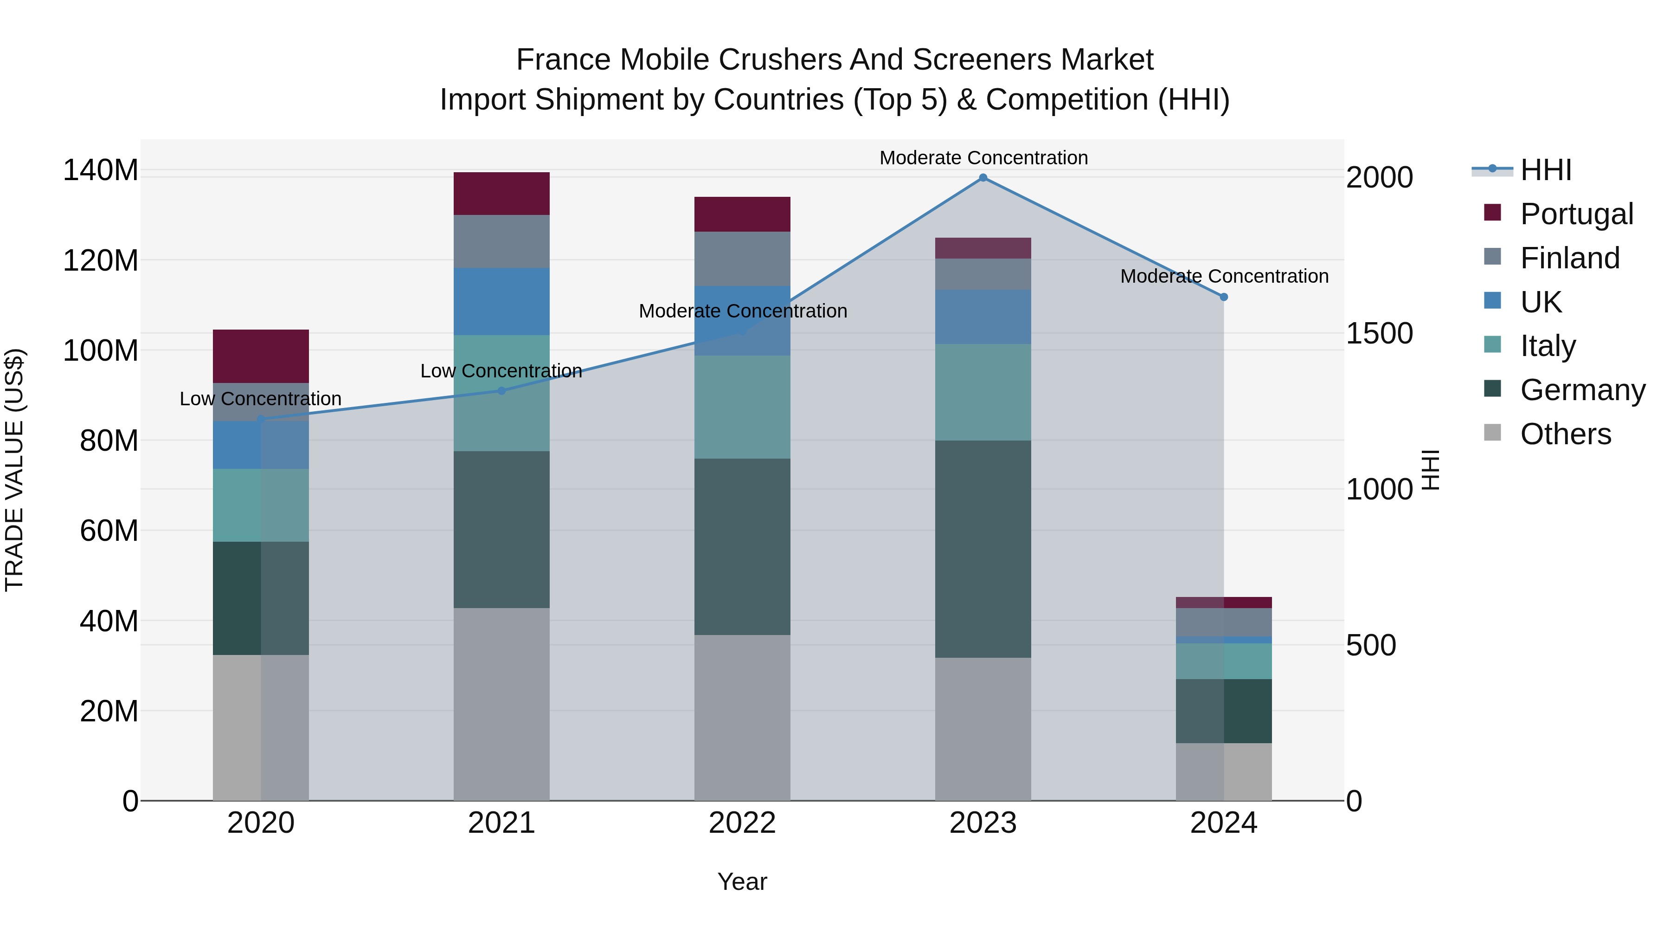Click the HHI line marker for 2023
pyautogui.click(x=983, y=178)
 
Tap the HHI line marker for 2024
pyautogui.click(x=1223, y=297)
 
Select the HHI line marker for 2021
pyautogui.click(x=501, y=390)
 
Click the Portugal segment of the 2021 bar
pyautogui.click(x=501, y=193)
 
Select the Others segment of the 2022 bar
pyautogui.click(x=742, y=718)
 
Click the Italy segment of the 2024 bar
pyautogui.click(x=1223, y=661)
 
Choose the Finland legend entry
pyautogui.click(x=1569, y=258)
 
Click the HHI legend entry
pyautogui.click(x=1546, y=170)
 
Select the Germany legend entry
pyautogui.click(x=1582, y=390)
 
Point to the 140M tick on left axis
pyautogui.click(x=101, y=171)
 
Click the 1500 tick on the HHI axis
pyautogui.click(x=1379, y=333)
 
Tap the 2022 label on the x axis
pyautogui.click(x=742, y=823)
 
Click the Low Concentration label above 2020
pyautogui.click(x=261, y=398)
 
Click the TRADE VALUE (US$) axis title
pyautogui.click(x=14, y=470)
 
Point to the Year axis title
pyautogui.click(x=742, y=882)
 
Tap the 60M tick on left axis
pyautogui.click(x=109, y=531)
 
